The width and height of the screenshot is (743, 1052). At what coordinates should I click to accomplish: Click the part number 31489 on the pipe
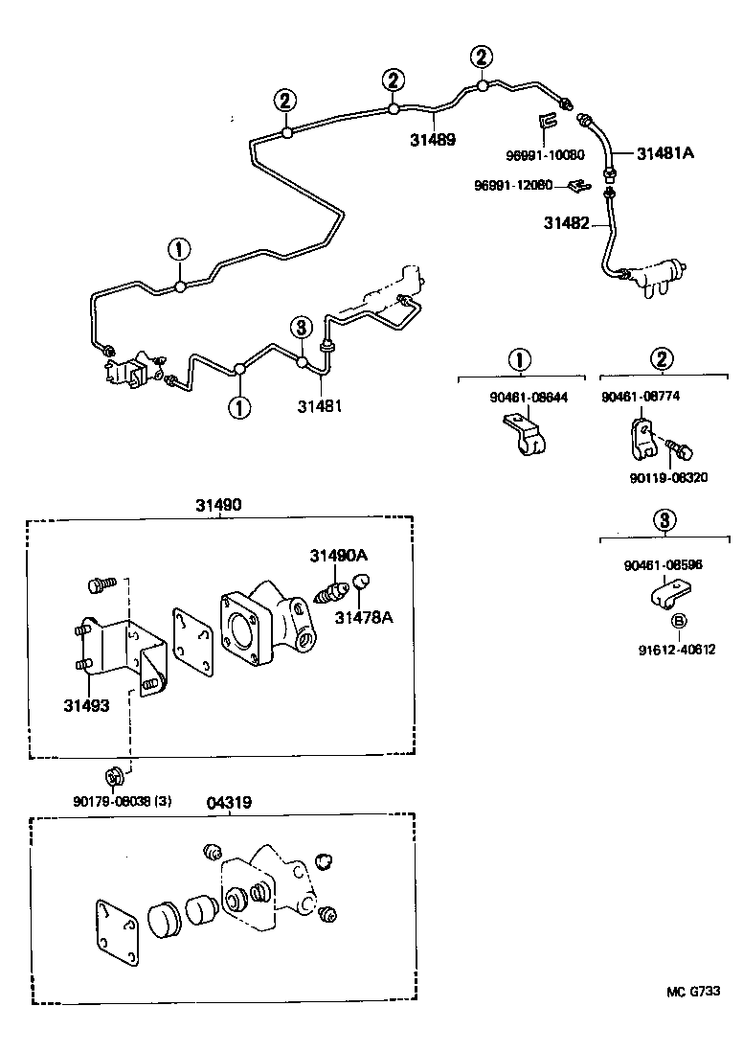coord(432,140)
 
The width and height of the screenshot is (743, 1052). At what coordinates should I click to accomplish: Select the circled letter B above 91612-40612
coord(678,621)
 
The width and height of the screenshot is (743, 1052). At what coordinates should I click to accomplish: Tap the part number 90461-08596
coord(663,565)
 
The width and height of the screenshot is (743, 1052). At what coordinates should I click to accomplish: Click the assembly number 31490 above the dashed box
coord(219,505)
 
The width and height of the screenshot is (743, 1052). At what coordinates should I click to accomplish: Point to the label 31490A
coord(338,556)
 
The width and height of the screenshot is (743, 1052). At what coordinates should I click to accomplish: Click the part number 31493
coord(87,705)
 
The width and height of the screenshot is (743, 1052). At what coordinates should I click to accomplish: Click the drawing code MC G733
coord(692,994)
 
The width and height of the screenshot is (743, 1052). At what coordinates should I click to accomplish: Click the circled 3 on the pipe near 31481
coord(301,328)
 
